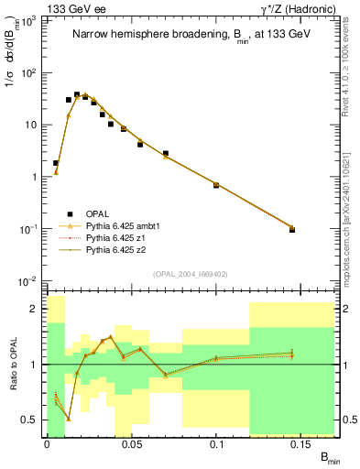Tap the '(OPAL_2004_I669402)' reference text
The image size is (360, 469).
[x=188, y=273]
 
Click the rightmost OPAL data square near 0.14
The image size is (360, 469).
[x=292, y=229]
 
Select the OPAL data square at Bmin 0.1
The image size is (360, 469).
[x=216, y=185]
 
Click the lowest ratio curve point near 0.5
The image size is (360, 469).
[x=68, y=419]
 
